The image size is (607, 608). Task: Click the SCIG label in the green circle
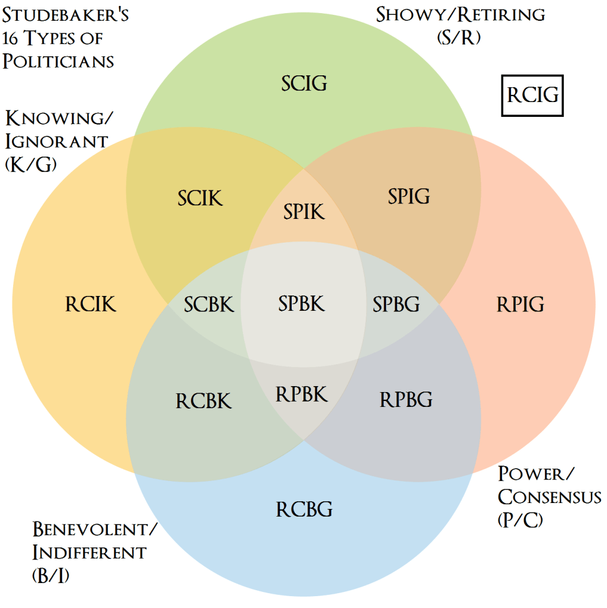(304, 83)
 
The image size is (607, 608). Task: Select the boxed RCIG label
(532, 95)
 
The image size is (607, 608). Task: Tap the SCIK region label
(200, 198)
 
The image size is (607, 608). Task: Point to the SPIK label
(304, 211)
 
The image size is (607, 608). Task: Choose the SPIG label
(408, 196)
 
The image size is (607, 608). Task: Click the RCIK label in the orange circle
(90, 304)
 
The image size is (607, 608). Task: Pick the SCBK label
(209, 304)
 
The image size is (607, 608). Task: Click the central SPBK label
(302, 304)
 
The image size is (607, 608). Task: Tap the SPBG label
(396, 304)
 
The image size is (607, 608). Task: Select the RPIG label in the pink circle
(520, 304)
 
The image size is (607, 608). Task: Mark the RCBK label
(203, 401)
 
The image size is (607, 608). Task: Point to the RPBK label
(302, 394)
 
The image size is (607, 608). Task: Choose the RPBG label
(405, 399)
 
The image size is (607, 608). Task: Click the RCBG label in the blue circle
(304, 509)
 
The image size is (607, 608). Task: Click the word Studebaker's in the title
(66, 15)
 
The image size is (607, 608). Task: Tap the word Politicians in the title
(58, 61)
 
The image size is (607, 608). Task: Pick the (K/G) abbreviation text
(31, 164)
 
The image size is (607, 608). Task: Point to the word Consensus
(550, 497)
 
